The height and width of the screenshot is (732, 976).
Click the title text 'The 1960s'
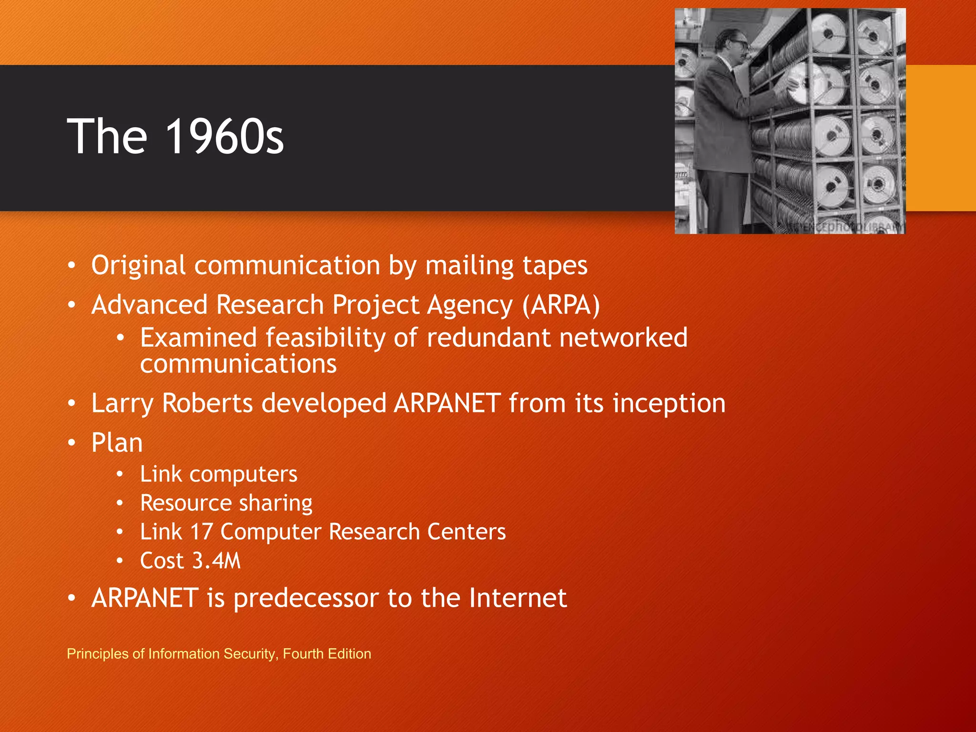pyautogui.click(x=175, y=137)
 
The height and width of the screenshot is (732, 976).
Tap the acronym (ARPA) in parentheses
pyautogui.click(x=561, y=305)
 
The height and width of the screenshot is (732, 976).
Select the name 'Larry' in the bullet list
pyautogui.click(x=122, y=403)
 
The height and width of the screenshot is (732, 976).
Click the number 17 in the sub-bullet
pyautogui.click(x=201, y=532)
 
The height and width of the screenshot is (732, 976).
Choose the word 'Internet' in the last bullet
pyautogui.click(x=518, y=598)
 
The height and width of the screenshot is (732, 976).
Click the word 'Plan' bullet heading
pyautogui.click(x=117, y=443)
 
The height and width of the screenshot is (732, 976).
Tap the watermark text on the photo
pyautogui.click(x=844, y=226)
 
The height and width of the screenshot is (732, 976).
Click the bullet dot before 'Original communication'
pyautogui.click(x=71, y=266)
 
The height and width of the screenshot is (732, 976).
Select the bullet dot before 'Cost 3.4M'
pyautogui.click(x=120, y=561)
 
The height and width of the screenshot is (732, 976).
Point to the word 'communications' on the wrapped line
pyautogui.click(x=238, y=364)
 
